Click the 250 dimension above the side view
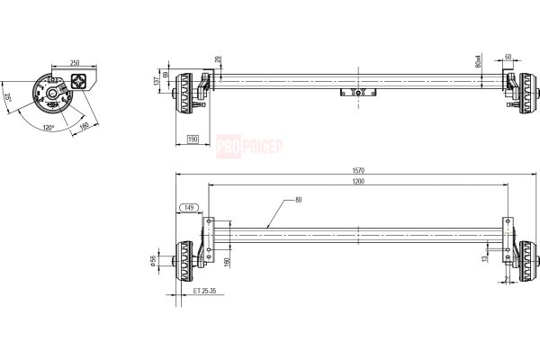75,63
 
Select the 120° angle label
47,127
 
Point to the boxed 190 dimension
192,139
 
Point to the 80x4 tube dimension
478,63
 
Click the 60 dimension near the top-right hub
508,56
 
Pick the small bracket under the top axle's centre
358,92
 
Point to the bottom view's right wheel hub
526,261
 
